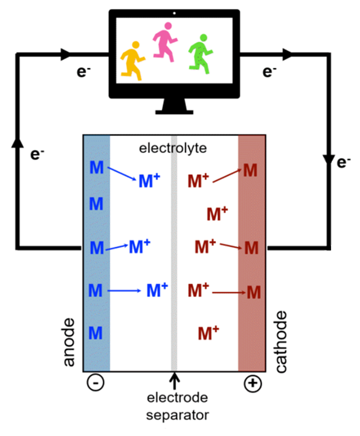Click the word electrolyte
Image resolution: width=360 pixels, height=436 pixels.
173,148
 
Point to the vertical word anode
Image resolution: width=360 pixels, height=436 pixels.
69,343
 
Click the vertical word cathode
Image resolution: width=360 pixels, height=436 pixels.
282,342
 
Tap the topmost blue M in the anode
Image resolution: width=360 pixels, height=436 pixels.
97,167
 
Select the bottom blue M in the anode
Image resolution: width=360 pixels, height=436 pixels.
97,333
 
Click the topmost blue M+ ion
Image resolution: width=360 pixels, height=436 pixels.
149,180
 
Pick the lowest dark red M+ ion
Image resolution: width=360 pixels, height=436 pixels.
208,333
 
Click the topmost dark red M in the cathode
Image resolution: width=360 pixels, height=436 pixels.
251,170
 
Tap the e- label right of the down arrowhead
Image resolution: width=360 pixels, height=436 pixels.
344,162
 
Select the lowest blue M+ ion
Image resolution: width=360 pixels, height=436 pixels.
157,290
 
